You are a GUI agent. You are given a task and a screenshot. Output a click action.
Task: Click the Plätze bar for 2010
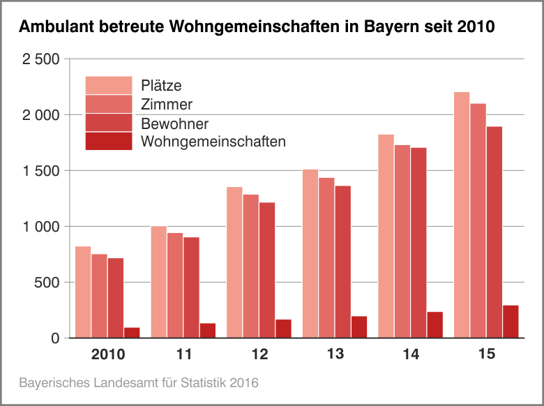point(83,292)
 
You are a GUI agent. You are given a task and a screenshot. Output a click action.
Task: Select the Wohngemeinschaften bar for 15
point(511,322)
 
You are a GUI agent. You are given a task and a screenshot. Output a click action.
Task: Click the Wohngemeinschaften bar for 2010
point(132,333)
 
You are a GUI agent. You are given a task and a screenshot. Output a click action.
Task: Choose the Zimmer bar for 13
point(326,258)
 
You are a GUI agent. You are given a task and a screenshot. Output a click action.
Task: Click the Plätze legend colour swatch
point(108,85)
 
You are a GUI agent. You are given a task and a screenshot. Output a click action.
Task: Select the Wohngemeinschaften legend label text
point(213,142)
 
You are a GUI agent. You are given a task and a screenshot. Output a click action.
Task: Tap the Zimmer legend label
point(166,105)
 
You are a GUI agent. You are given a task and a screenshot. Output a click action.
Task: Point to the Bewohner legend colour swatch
point(108,123)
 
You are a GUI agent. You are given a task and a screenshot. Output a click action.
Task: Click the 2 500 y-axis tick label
point(42,59)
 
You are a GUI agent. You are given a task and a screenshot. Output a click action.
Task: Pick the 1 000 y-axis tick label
point(42,227)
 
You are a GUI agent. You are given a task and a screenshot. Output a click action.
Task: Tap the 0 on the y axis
point(56,338)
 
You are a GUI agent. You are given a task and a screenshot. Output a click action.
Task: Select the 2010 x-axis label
point(108,355)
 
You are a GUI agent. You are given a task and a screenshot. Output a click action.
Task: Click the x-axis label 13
point(335,355)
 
